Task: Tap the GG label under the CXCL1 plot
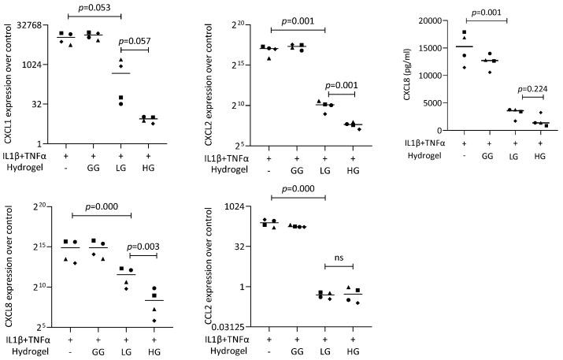pos(93,168)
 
